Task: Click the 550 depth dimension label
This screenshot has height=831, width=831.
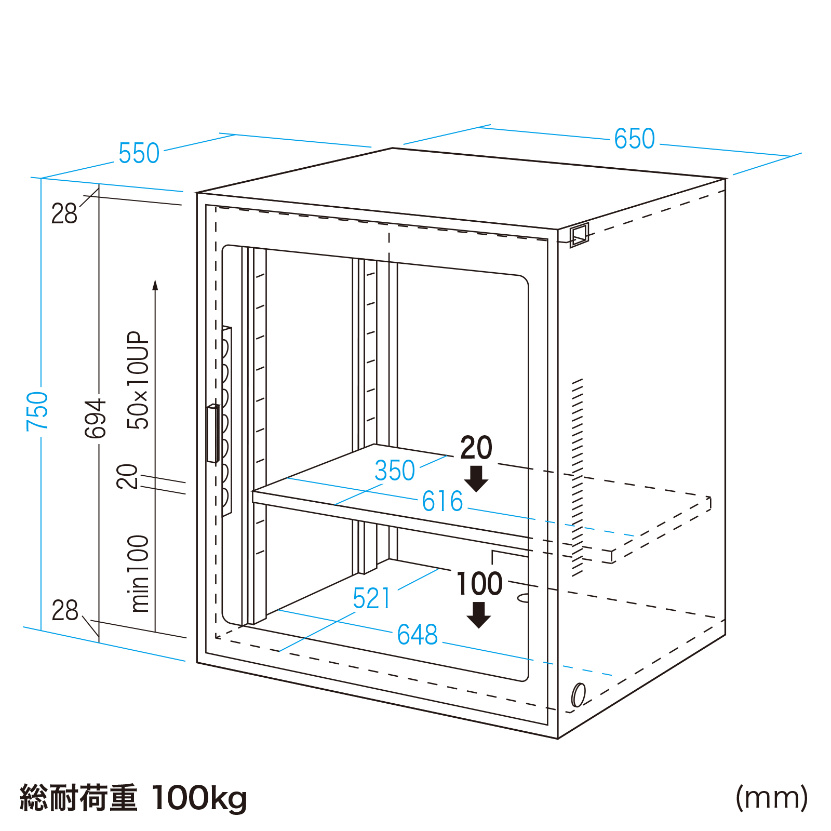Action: click(139, 153)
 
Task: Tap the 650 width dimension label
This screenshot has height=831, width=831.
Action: click(634, 139)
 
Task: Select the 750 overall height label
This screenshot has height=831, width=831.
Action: click(38, 411)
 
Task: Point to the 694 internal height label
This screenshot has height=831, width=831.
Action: click(96, 419)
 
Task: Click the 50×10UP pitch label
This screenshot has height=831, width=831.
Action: click(138, 380)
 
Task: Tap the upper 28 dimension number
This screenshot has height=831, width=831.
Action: click(64, 213)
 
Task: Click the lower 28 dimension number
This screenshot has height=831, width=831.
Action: click(64, 610)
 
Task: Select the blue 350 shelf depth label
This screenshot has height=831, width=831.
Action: click(395, 471)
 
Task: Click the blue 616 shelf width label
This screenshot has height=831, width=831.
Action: click(442, 501)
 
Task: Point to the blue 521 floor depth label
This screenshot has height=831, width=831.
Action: click(371, 598)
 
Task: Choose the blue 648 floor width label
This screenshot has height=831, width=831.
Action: click(417, 635)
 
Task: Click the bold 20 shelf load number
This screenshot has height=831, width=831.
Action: click(476, 448)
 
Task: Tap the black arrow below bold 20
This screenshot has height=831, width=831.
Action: click(476, 478)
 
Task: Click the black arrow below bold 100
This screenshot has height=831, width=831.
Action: click(478, 615)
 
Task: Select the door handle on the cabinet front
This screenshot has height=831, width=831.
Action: click(212, 433)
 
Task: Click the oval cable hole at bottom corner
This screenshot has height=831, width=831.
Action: click(578, 695)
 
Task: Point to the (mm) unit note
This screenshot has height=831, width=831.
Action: click(772, 798)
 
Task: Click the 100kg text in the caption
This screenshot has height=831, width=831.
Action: click(199, 798)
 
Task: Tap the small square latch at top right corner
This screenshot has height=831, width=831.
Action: click(579, 235)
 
